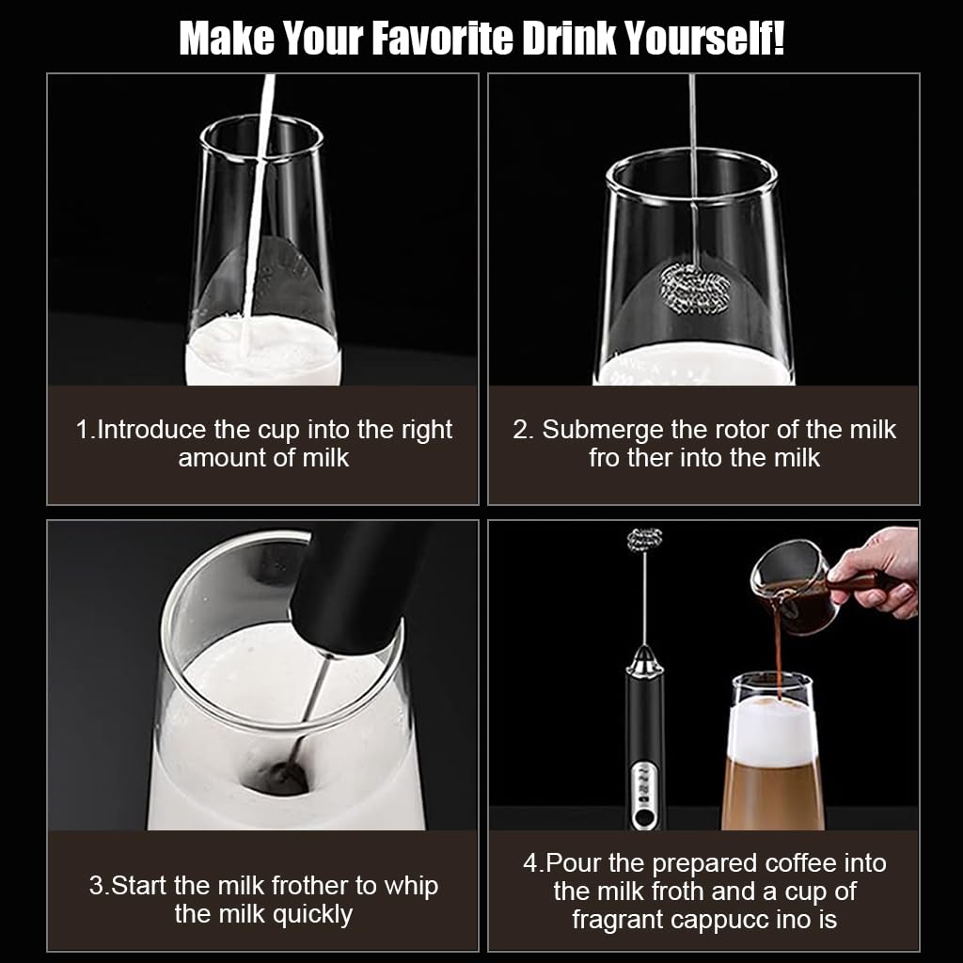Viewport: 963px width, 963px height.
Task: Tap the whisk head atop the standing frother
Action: pos(644,542)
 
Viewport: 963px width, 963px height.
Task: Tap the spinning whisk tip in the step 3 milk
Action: pos(287,775)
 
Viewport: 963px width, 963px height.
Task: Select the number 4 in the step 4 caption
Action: pos(529,862)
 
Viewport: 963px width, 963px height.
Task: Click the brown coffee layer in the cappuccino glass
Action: pos(772,795)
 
